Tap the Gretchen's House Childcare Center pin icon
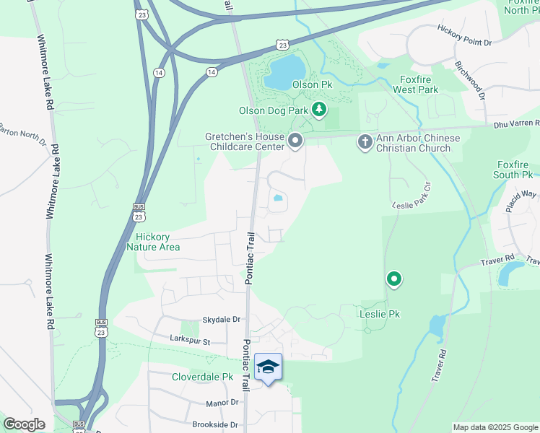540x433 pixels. pos(295,140)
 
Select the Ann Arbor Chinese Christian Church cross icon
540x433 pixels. pos(365,141)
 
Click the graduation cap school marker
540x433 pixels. pos(268,367)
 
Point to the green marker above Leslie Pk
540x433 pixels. pos(394,278)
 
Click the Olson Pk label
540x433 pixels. pos(312,84)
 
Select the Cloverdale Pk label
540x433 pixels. pos(203,377)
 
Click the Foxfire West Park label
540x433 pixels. pos(415,84)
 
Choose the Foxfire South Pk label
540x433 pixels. pos(515,170)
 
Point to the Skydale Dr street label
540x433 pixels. pos(221,319)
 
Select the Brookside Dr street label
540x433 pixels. pos(215,425)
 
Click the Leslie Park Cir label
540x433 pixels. pos(411,196)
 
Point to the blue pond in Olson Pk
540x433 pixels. pos(284,71)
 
